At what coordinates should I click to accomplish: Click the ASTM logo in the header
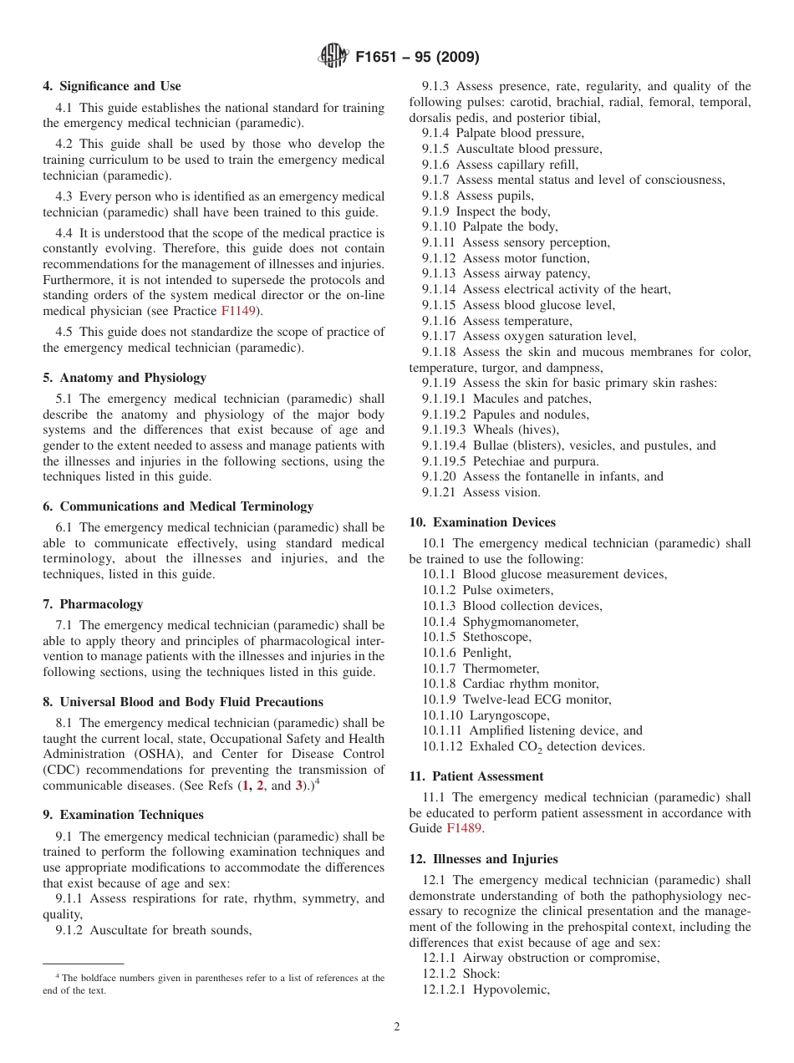333,58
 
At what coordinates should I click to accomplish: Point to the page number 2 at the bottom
397,1027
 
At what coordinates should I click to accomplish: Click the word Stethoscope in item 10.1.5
497,637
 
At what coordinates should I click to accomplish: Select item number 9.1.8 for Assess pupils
435,196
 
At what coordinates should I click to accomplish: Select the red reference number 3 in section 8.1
299,786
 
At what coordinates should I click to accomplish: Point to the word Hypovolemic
511,989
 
